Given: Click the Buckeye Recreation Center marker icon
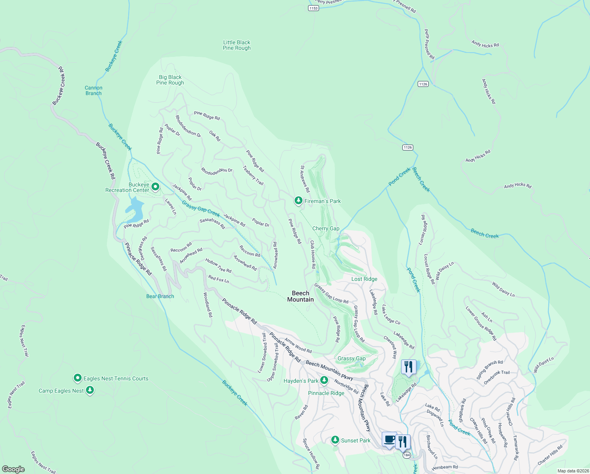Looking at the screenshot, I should click(x=155, y=186).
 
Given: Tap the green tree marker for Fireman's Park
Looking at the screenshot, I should click(x=299, y=201).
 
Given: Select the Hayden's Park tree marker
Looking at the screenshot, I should click(x=324, y=380).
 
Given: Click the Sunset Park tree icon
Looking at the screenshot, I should click(x=335, y=440).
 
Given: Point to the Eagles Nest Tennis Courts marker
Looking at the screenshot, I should click(x=78, y=378).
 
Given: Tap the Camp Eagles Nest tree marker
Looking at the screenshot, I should click(x=90, y=390).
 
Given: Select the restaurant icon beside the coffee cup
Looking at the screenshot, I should click(x=403, y=442).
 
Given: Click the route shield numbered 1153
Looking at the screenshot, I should click(x=313, y=8).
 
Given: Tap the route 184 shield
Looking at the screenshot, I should click(x=407, y=455).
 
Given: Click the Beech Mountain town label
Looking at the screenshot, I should click(x=301, y=296).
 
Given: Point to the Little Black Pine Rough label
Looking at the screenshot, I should click(x=237, y=45).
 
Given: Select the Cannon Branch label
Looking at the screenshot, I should click(x=93, y=90).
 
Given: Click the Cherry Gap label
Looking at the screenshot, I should click(x=326, y=228).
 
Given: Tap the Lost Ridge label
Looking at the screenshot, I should click(x=364, y=279).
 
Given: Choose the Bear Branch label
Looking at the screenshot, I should click(x=160, y=296).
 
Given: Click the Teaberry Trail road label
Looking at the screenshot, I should click(x=253, y=175).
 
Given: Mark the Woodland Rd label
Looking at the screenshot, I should click(x=208, y=305).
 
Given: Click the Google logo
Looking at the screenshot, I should click(x=13, y=469).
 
